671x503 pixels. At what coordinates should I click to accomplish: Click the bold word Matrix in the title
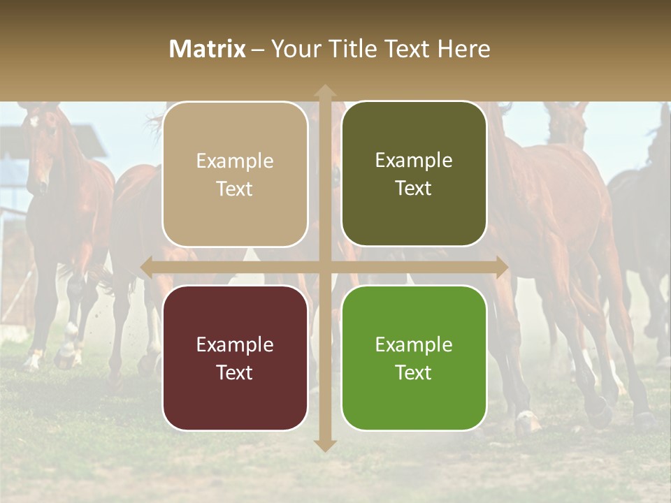pos(208,49)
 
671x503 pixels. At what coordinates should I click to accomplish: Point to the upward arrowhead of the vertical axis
pos(325,91)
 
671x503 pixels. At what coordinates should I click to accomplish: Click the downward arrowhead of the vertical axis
pos(325,445)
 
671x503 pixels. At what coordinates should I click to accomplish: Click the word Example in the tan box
pos(235,161)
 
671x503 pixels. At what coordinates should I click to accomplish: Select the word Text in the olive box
pos(414,189)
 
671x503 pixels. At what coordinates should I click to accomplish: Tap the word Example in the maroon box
pos(235,345)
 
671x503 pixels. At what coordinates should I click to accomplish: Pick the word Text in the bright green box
pos(414,372)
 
